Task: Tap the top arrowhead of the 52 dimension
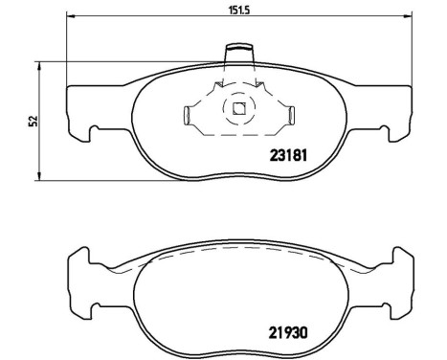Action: point(39,65)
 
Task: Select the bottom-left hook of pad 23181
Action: point(88,133)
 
